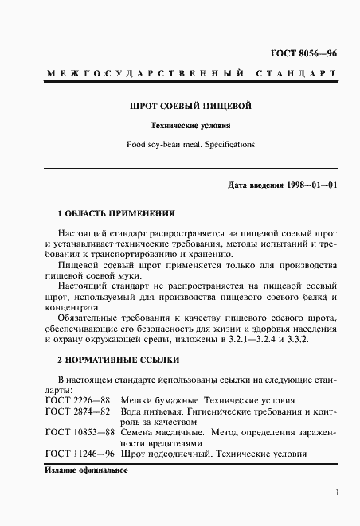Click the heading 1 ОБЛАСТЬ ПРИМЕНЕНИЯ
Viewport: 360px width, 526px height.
[x=114, y=214]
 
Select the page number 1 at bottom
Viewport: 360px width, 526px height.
[x=338, y=493]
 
